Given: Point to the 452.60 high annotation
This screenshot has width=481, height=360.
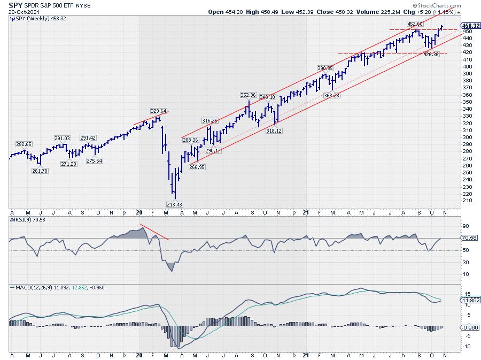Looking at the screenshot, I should pyautogui.click(x=415, y=24).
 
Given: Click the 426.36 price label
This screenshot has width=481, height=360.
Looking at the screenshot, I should pyautogui.click(x=430, y=55).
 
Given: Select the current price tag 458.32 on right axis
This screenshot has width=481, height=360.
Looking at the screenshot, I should pyautogui.click(x=470, y=25).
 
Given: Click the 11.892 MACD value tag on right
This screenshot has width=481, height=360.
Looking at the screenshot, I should pyautogui.click(x=469, y=300).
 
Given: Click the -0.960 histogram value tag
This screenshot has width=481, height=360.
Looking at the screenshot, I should pyautogui.click(x=469, y=327).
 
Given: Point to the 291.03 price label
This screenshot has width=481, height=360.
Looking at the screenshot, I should pyautogui.click(x=63, y=139).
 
